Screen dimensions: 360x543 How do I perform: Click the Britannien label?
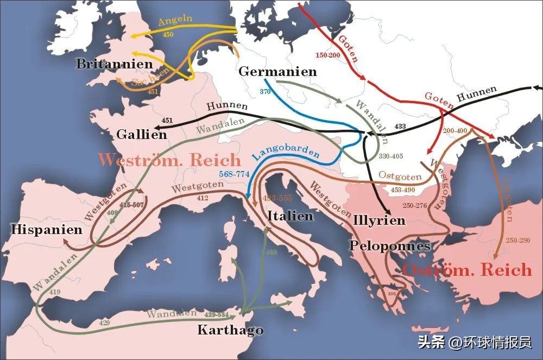114,64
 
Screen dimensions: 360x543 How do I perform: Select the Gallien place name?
141,135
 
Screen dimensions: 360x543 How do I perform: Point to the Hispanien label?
47,229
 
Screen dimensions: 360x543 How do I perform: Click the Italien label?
291,216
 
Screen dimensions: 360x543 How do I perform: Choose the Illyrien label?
379,220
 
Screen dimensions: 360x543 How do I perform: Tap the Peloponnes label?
390,246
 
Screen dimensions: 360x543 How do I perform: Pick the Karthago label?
230,330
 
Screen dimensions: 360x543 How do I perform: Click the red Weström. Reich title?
170,160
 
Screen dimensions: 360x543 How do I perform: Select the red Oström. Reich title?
467,270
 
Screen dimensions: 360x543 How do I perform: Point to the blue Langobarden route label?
286,153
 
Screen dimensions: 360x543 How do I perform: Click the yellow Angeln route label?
175,21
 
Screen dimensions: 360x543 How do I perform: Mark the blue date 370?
265,92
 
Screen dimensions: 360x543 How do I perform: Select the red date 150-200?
327,56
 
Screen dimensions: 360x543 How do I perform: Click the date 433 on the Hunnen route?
400,127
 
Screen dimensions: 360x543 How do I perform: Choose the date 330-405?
390,156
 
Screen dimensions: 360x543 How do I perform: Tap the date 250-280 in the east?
517,240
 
